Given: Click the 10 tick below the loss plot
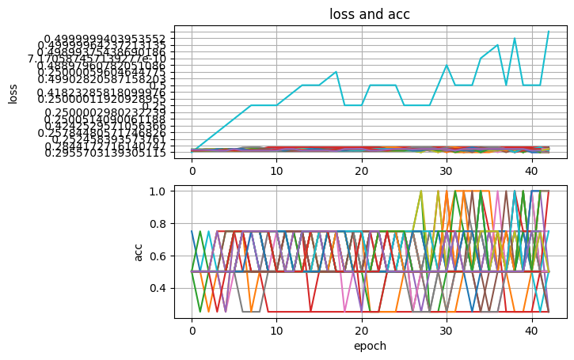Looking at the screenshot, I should pyautogui.click(x=276, y=170).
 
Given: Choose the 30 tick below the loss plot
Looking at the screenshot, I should pyautogui.click(x=447, y=170).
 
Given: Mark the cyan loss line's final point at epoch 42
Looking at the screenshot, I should pyautogui.click(x=549, y=32).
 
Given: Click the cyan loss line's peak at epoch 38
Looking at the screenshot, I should pyautogui.click(x=515, y=38).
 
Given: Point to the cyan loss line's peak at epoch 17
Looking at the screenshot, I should pyautogui.click(x=336, y=72).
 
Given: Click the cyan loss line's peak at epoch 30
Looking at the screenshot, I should pyautogui.click(x=447, y=65).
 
